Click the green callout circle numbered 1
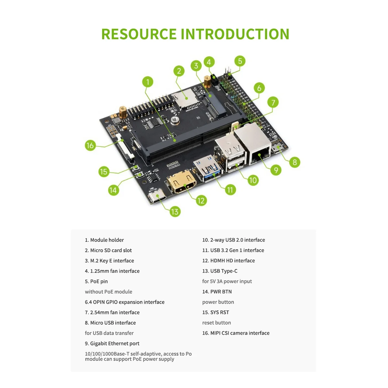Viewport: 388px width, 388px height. coord(148,82)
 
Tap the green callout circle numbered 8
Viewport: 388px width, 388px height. coord(294,162)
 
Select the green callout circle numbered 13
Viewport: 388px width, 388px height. coord(175,211)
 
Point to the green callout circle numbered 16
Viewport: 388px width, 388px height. coord(90,145)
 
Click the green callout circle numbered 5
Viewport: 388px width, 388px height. coord(240,61)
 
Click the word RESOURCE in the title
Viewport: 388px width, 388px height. coord(139,34)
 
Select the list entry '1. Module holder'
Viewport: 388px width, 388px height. coord(104,240)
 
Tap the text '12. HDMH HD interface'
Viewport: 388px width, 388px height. coord(228,261)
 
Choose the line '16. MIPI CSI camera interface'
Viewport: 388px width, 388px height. coord(236,333)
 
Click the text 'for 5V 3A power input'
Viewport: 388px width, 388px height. coord(227,281)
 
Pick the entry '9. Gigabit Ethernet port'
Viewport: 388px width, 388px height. coord(112,343)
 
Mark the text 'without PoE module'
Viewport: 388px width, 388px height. coord(108,292)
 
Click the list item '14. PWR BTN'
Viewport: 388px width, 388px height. coord(217,292)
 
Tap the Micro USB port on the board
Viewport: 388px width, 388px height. coord(277,149)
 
